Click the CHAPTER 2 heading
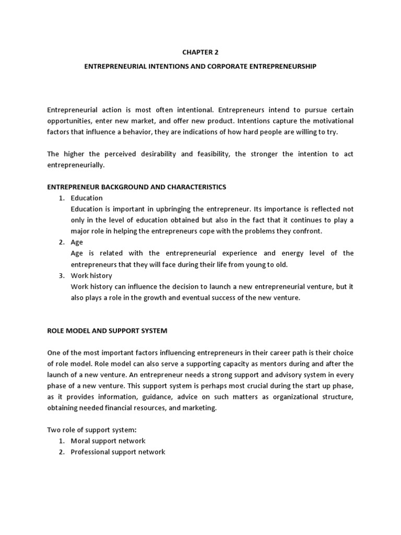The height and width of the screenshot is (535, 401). point(200,52)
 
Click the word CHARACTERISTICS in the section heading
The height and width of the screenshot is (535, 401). point(195,187)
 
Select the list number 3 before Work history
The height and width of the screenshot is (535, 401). point(61,275)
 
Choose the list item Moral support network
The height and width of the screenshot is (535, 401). point(108,440)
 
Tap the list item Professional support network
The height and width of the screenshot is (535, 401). point(118,451)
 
